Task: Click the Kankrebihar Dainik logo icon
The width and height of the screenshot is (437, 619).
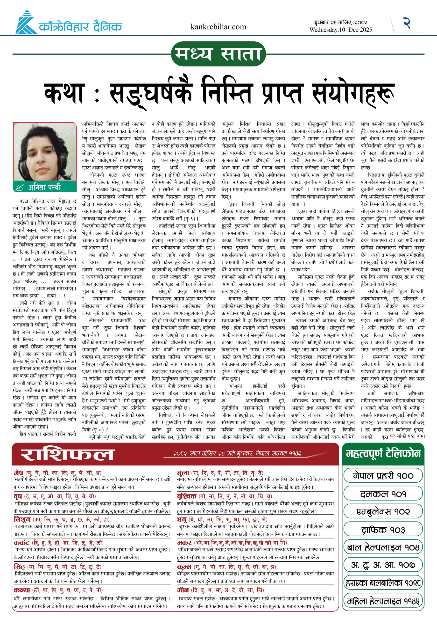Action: point(26,23)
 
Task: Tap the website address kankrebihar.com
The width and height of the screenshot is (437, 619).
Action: point(218,27)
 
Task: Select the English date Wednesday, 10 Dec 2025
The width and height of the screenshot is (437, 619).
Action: point(340,30)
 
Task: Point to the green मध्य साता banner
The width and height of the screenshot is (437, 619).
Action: point(218,54)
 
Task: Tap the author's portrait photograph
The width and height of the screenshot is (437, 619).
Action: point(45,152)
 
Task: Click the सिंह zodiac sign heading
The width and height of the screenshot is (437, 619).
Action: point(19,567)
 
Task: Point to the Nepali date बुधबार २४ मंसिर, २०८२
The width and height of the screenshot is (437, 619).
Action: point(340,23)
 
